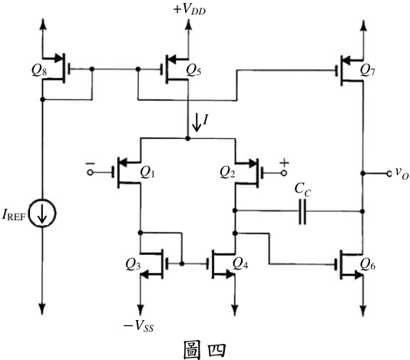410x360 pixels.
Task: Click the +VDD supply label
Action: (x=190, y=9)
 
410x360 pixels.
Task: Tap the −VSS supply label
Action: (x=138, y=326)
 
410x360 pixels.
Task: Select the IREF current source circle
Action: (x=42, y=213)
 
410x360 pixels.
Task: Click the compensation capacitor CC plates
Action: (x=303, y=211)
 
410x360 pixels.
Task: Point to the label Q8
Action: (x=39, y=70)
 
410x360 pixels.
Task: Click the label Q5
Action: (x=193, y=70)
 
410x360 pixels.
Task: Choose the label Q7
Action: (x=367, y=70)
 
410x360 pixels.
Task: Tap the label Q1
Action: (x=147, y=173)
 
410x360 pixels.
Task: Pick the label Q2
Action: (x=227, y=173)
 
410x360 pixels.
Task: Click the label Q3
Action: (x=133, y=265)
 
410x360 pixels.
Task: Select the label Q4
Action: (x=240, y=264)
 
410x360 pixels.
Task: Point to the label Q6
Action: (x=368, y=265)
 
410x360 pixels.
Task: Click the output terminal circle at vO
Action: (x=390, y=173)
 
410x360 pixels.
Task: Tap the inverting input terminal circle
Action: (x=90, y=173)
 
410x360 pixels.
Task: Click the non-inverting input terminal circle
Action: (x=284, y=173)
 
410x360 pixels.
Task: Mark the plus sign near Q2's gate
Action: (x=284, y=163)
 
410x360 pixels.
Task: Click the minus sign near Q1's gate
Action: (x=90, y=163)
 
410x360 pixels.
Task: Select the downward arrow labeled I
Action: (x=197, y=124)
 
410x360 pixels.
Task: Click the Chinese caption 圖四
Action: (x=204, y=350)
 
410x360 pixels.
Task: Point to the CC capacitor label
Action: (x=303, y=190)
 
